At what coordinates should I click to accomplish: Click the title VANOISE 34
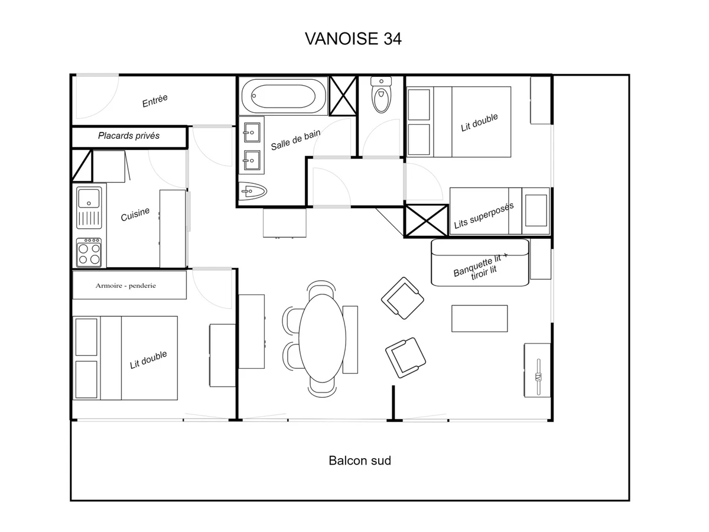(353, 38)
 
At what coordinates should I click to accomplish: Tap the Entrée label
(155, 101)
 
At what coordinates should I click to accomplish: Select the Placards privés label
(129, 136)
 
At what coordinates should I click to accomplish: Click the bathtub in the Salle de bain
(284, 95)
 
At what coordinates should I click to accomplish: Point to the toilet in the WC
(382, 95)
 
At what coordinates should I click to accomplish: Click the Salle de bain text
(295, 140)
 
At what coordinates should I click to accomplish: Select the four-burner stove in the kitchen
(89, 252)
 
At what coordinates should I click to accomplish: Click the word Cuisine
(135, 214)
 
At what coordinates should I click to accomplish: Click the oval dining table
(322, 339)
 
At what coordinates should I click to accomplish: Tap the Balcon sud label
(360, 460)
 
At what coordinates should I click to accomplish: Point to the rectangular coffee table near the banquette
(479, 318)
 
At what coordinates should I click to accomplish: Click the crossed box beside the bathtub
(343, 96)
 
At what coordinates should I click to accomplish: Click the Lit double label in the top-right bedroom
(479, 123)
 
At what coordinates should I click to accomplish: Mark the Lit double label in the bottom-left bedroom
(148, 359)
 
